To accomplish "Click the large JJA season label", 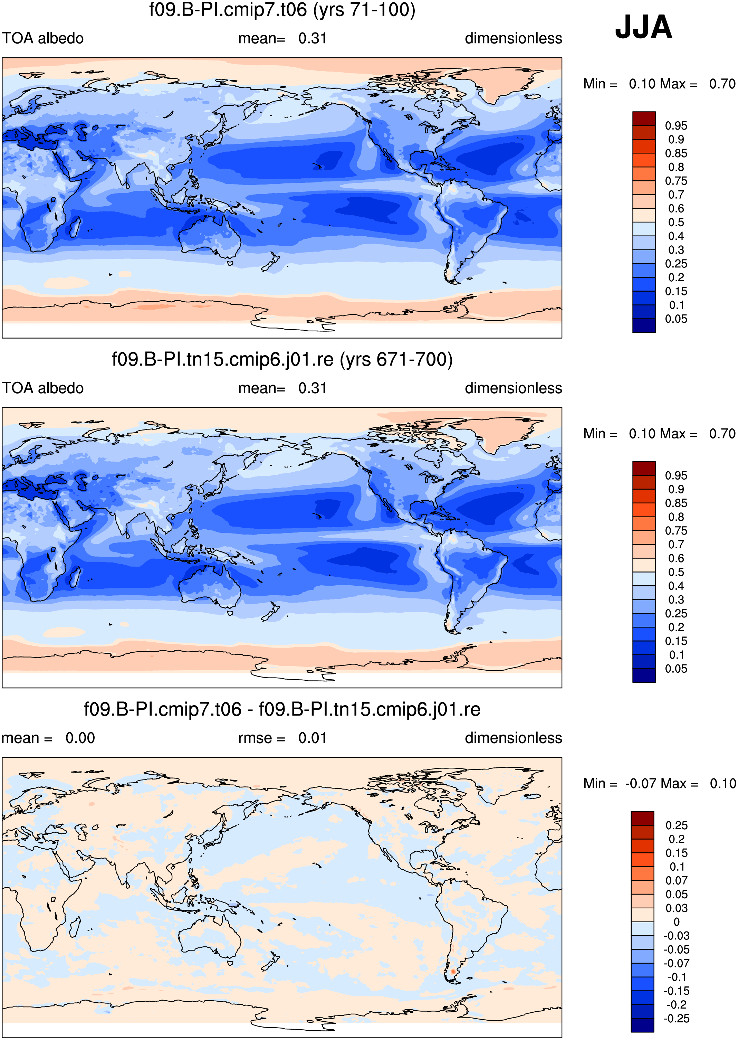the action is click(643, 27).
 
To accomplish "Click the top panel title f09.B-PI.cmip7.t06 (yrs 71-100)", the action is click(282, 10).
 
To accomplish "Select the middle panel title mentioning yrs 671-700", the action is click(282, 360).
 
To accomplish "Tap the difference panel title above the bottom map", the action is click(282, 709).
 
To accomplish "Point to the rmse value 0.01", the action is click(312, 738).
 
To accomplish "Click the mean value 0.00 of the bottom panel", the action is click(80, 738).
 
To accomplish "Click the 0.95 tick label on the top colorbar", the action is click(676, 126).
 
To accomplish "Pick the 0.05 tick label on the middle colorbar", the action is click(676, 669).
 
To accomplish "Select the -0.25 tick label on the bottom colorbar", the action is click(676, 1019).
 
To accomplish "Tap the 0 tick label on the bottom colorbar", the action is click(677, 922).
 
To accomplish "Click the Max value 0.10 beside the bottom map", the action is click(722, 784).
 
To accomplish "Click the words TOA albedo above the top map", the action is click(43, 38).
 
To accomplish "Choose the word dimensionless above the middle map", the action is click(514, 388).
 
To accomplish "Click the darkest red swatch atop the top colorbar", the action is click(644, 119).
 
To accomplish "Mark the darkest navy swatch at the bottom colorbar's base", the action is click(643, 1025).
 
